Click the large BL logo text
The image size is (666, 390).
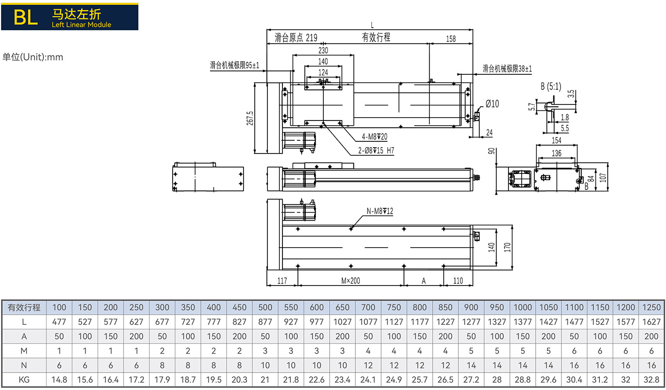25,17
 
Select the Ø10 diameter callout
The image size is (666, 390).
492,103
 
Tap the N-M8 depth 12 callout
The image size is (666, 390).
380,211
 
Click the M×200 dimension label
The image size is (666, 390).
351,281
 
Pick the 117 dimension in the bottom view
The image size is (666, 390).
282,281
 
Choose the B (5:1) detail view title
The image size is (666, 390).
551,87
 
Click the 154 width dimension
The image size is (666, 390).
557,141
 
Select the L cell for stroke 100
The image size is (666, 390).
59,322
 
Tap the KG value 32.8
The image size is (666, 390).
651,380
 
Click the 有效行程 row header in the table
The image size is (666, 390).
24,307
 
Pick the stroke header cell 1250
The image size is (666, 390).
651,307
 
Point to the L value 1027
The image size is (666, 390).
342,322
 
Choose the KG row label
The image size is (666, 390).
24,380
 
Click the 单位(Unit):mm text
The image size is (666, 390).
33,57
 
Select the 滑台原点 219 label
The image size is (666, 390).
296,38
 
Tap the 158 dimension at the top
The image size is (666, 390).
451,39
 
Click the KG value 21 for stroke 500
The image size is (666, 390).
265,380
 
